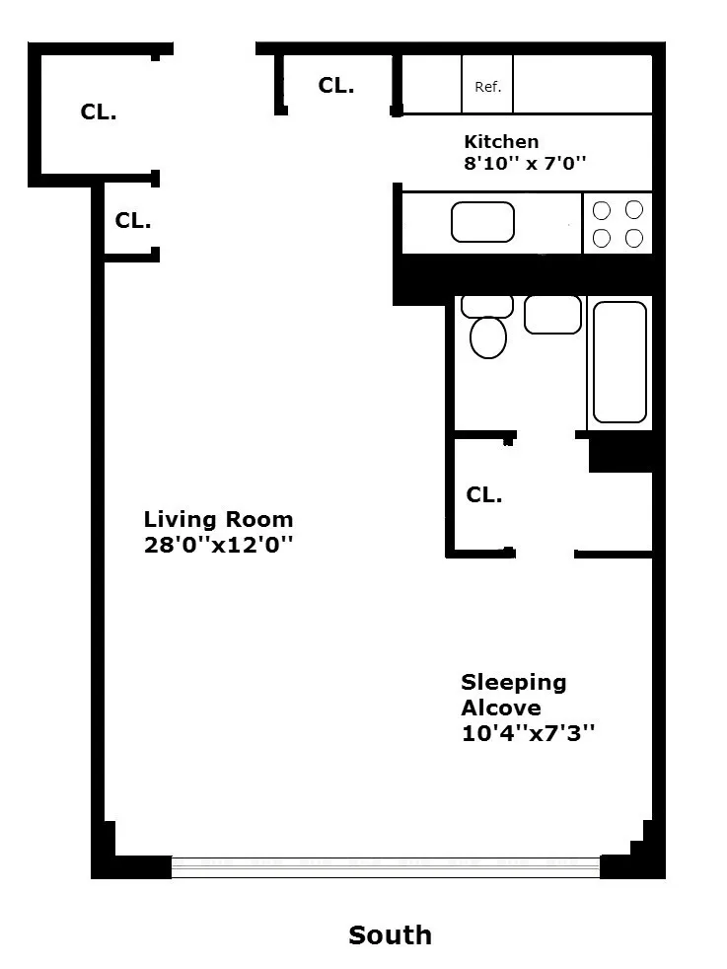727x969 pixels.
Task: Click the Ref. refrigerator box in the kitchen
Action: click(x=487, y=87)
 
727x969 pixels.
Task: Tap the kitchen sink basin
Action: click(x=482, y=222)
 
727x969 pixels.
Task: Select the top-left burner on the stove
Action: click(x=602, y=209)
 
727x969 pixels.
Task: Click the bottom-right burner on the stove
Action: click(x=634, y=238)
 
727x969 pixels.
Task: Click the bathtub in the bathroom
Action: click(x=618, y=362)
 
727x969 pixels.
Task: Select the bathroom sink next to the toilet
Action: click(x=552, y=314)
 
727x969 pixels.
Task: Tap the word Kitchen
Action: click(x=501, y=141)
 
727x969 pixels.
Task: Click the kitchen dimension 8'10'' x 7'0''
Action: click(x=525, y=164)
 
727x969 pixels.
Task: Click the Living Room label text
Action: click(x=218, y=519)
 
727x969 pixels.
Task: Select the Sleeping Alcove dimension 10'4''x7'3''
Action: click(x=528, y=733)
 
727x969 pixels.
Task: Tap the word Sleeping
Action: click(x=513, y=682)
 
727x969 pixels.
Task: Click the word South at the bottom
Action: click(x=390, y=934)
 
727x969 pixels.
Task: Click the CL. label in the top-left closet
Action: click(x=98, y=112)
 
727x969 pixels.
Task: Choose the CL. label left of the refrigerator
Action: click(x=335, y=86)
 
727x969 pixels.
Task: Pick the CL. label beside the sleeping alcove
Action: click(x=483, y=495)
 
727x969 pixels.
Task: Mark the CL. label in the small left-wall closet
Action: click(x=132, y=221)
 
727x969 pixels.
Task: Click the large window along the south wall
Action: click(x=385, y=867)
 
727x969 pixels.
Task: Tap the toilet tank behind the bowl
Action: click(x=487, y=305)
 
